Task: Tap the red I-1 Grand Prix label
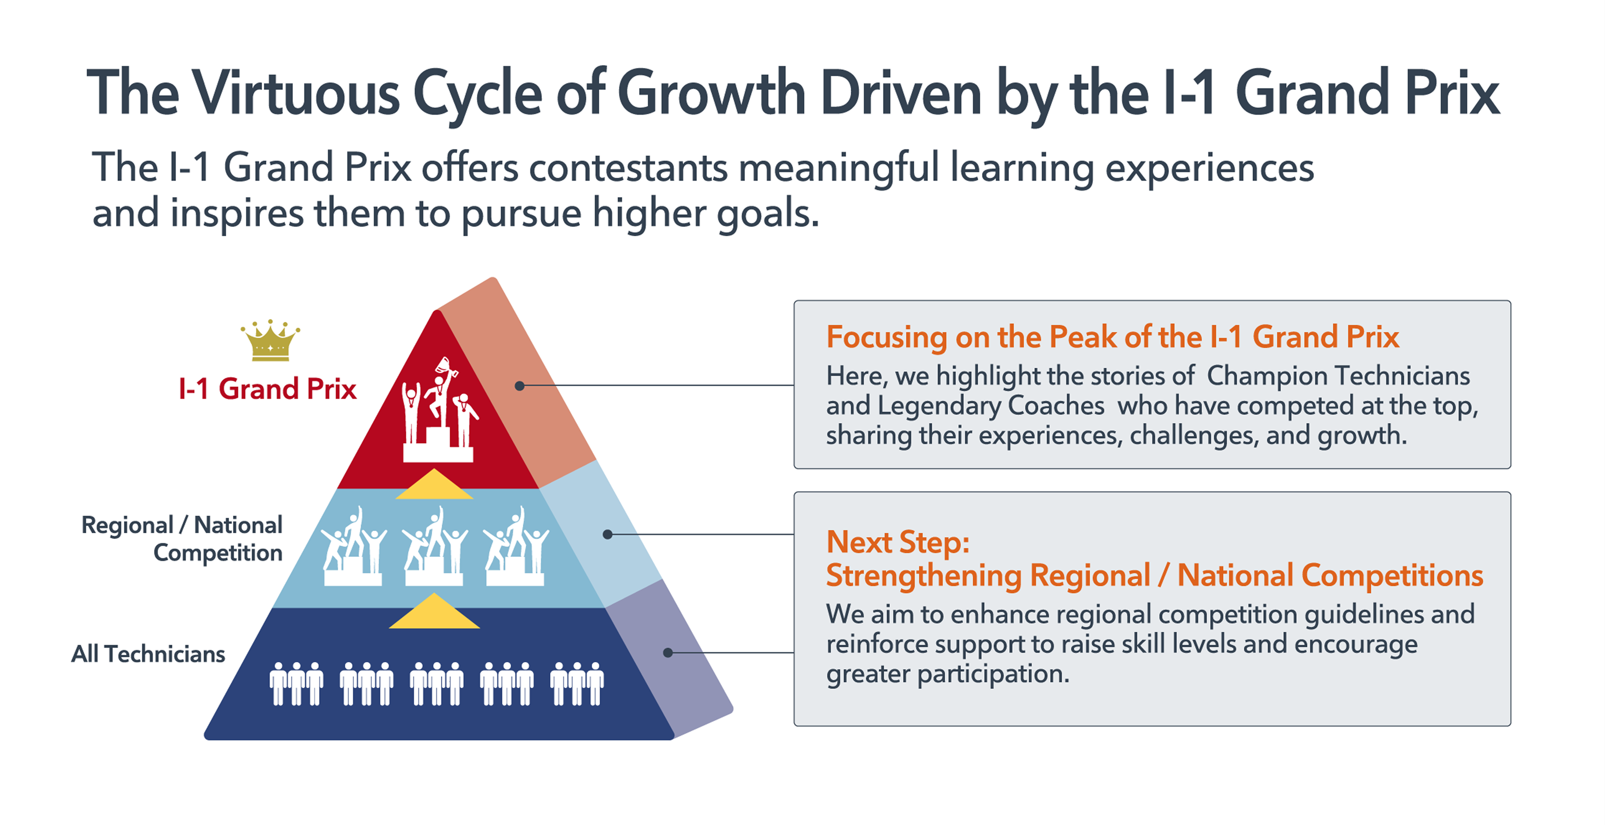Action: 267,389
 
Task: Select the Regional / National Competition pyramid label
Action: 182,538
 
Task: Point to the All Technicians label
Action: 148,654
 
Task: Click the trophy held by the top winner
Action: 446,366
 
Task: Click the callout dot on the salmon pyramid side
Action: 519,386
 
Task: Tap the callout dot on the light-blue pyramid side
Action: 607,534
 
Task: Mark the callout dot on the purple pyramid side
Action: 668,652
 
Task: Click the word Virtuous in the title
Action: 295,93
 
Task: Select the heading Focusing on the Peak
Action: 1112,337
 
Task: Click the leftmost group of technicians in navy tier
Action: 297,684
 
